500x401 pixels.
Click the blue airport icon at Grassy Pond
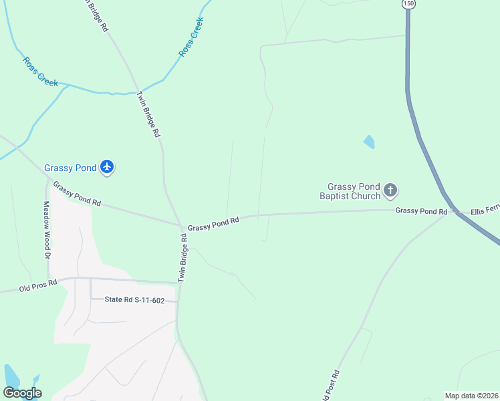[x=107, y=168]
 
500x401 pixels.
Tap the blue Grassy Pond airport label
[x=70, y=168]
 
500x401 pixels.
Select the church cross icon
[x=391, y=191]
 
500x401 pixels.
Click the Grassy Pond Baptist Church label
[x=354, y=191]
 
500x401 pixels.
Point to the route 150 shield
[x=408, y=4]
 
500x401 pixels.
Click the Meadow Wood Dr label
[x=47, y=231]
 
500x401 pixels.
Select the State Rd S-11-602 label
[x=134, y=300]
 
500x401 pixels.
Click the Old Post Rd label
[x=332, y=386]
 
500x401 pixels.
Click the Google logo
[x=22, y=393]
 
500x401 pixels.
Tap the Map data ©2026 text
[x=471, y=395]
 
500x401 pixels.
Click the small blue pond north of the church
[x=368, y=142]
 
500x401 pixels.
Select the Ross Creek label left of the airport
[x=40, y=72]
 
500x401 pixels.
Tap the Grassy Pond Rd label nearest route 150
[x=421, y=211]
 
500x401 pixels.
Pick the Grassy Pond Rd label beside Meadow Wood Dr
[x=77, y=194]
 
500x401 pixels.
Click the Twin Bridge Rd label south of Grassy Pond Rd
[x=182, y=257]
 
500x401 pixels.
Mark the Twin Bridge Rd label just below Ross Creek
[x=149, y=114]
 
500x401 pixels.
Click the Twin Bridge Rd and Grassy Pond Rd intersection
[x=181, y=226]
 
